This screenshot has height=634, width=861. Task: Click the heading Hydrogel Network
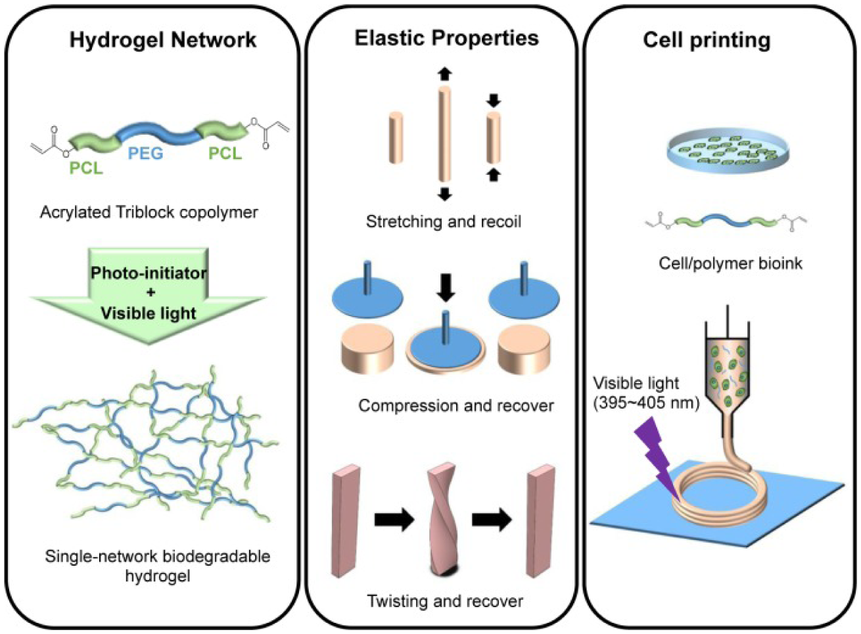[x=162, y=40]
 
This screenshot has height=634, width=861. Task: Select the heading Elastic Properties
[x=446, y=38]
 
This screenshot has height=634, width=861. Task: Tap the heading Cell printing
[x=706, y=40]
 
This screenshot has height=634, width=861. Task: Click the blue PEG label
[x=145, y=154]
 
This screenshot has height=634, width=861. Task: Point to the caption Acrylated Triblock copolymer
[x=149, y=212]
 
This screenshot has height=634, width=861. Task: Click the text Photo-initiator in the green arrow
[x=149, y=273]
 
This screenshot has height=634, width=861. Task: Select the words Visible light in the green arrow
[x=149, y=313]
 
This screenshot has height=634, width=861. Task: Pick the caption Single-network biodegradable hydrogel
[x=157, y=566]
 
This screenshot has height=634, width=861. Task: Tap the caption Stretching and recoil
[x=443, y=221]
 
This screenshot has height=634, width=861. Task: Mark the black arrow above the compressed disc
[x=446, y=286]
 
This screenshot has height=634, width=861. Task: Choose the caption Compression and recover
[x=455, y=405]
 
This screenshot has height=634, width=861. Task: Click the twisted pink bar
[x=443, y=519]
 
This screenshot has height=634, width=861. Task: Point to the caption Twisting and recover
[x=445, y=600]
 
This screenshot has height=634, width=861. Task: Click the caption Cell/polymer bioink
[x=730, y=263]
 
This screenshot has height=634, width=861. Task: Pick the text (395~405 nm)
[x=646, y=403]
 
